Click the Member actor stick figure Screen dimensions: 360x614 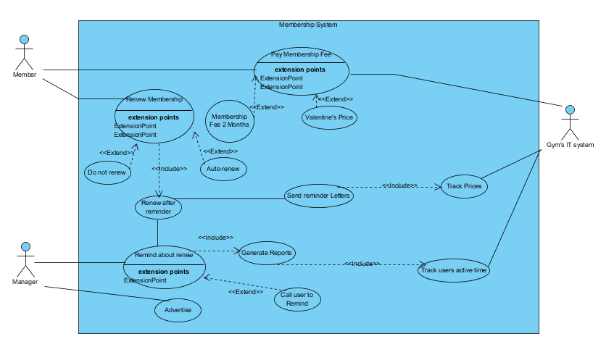point(24,51)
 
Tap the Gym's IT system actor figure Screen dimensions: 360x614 point(570,123)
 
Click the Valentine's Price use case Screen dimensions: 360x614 point(330,117)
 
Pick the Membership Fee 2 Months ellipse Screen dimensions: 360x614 point(229,120)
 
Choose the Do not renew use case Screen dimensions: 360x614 point(108,173)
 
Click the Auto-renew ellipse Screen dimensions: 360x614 point(223,169)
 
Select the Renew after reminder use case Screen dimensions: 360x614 point(158,207)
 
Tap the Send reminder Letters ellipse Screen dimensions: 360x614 point(318,196)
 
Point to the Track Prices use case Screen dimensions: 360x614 point(463,186)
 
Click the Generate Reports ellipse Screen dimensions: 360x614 point(267,253)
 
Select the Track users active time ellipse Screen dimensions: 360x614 point(455,271)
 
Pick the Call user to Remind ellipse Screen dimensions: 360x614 point(297,299)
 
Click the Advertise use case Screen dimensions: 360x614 point(178,310)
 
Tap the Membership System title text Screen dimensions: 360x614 point(308,25)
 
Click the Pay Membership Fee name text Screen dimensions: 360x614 point(301,54)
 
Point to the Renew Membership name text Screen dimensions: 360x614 point(154,99)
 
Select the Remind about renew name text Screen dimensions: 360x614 point(164,255)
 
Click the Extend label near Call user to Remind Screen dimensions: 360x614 point(246,292)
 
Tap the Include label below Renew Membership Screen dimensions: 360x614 point(170,169)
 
